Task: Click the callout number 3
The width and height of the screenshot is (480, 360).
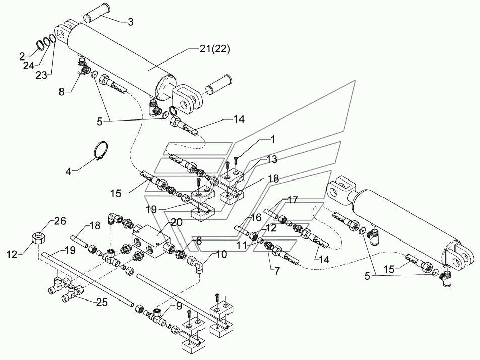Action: (130, 22)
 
